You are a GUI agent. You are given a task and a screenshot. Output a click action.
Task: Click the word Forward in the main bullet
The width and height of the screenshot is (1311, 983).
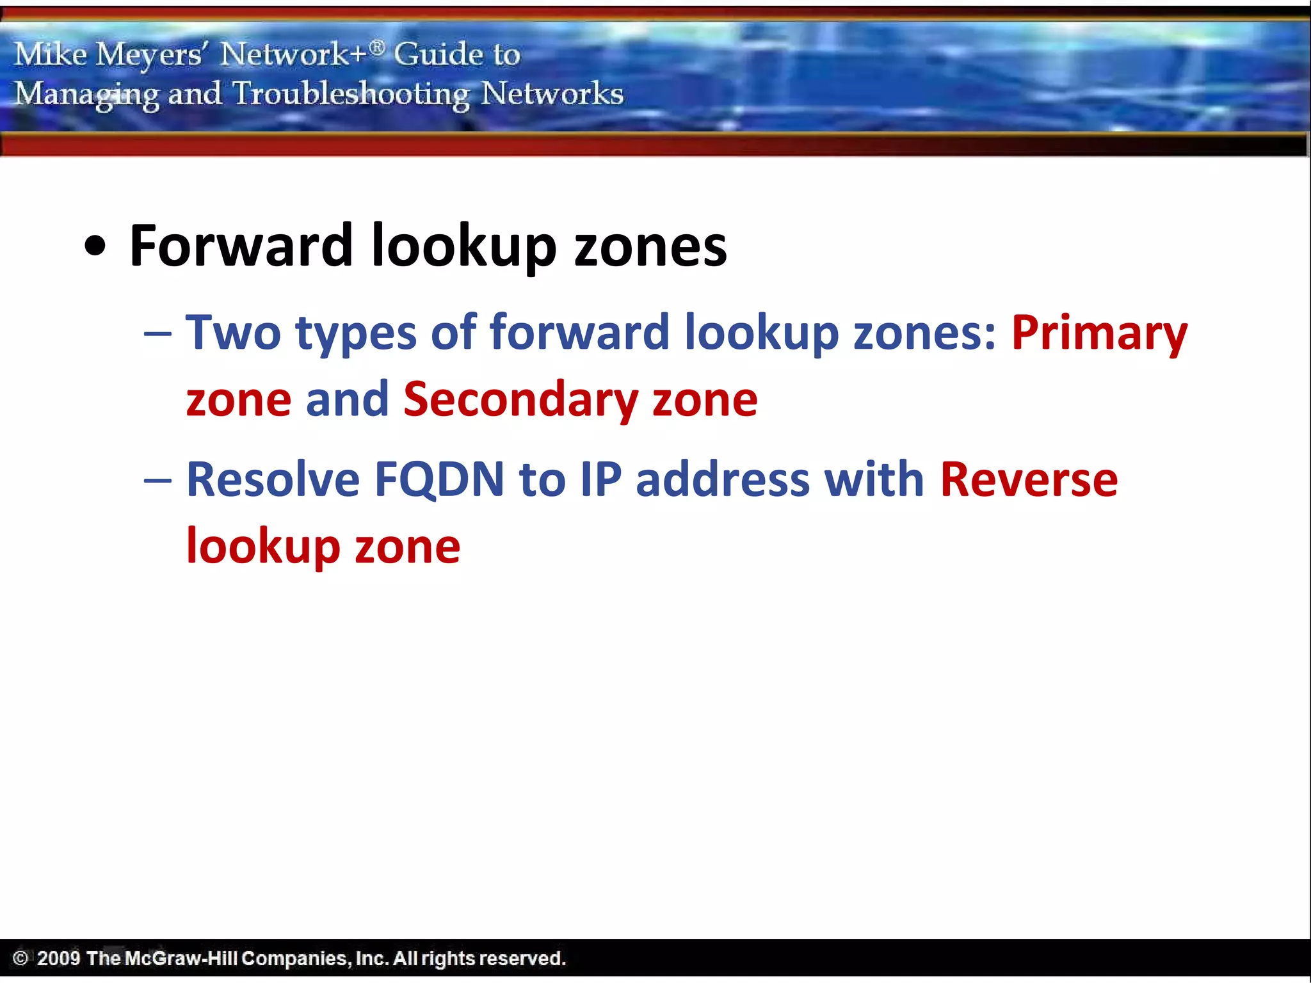pyautogui.click(x=241, y=246)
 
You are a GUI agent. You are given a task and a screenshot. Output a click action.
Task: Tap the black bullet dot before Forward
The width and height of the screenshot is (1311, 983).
pyautogui.click(x=95, y=248)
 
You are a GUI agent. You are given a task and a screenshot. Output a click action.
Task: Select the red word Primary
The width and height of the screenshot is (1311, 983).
pyautogui.click(x=1099, y=333)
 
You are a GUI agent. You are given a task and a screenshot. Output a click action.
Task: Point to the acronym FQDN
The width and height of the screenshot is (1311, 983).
pyautogui.click(x=439, y=480)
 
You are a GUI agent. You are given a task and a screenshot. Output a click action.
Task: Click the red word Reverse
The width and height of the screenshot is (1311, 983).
pyautogui.click(x=1029, y=480)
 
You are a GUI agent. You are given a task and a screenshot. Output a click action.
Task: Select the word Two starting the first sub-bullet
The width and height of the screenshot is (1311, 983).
pyautogui.click(x=233, y=333)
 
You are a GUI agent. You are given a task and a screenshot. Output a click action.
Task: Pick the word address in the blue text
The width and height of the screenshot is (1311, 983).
pyautogui.click(x=723, y=480)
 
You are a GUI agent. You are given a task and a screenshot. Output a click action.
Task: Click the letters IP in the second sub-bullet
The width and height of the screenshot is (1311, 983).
pyautogui.click(x=601, y=480)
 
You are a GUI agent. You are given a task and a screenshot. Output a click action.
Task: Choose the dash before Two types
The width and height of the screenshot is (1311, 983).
pyautogui.click(x=157, y=335)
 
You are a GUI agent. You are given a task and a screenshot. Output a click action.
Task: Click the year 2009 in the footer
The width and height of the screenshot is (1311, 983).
pyautogui.click(x=58, y=959)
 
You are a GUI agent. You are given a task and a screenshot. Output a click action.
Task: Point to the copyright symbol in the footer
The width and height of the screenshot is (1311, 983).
pyautogui.click(x=20, y=959)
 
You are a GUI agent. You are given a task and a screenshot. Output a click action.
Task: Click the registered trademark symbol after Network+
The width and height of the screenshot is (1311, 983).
pyautogui.click(x=378, y=47)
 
